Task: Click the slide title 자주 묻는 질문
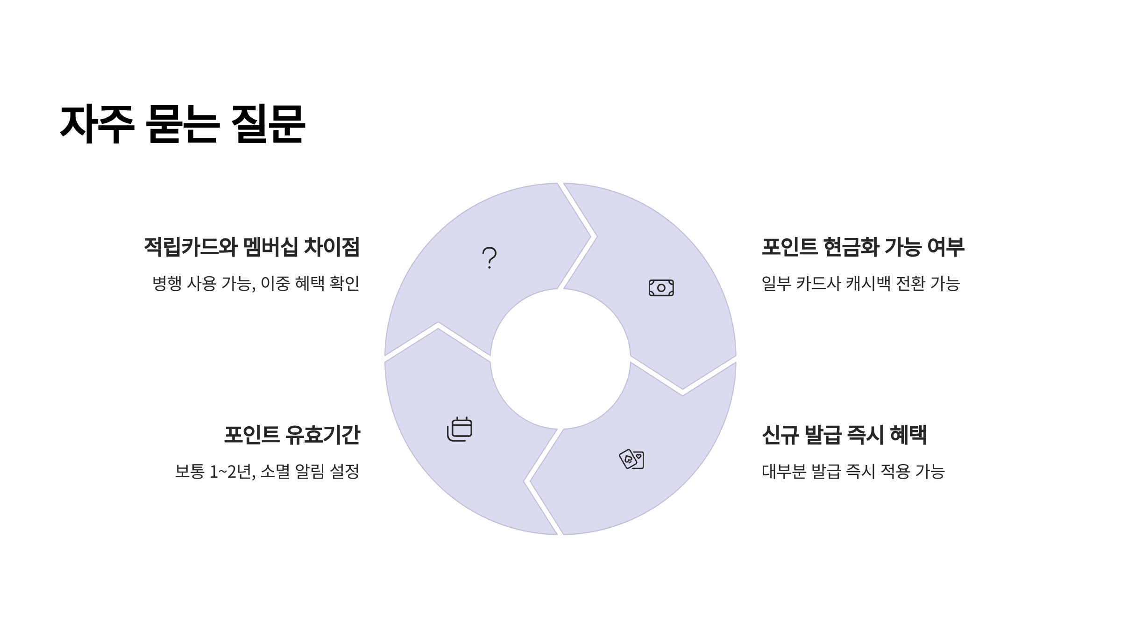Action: click(x=183, y=124)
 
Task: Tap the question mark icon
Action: click(x=489, y=258)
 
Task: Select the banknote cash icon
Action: click(x=661, y=288)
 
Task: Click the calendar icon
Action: click(x=460, y=429)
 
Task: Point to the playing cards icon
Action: click(x=631, y=459)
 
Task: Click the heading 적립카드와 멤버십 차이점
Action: click(x=252, y=247)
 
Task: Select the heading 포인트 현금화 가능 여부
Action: click(x=863, y=247)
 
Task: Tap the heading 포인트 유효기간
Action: click(x=292, y=435)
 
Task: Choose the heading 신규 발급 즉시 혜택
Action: click(x=844, y=435)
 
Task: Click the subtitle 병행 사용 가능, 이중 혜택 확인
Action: click(x=256, y=283)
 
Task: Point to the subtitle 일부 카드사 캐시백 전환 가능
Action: click(x=860, y=283)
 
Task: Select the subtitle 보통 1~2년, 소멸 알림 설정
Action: click(x=267, y=471)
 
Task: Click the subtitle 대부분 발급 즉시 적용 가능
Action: click(x=853, y=471)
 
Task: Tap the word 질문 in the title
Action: click(x=268, y=124)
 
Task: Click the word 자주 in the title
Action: click(x=97, y=124)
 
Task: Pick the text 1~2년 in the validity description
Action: click(x=232, y=471)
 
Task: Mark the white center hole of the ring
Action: click(x=560, y=359)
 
